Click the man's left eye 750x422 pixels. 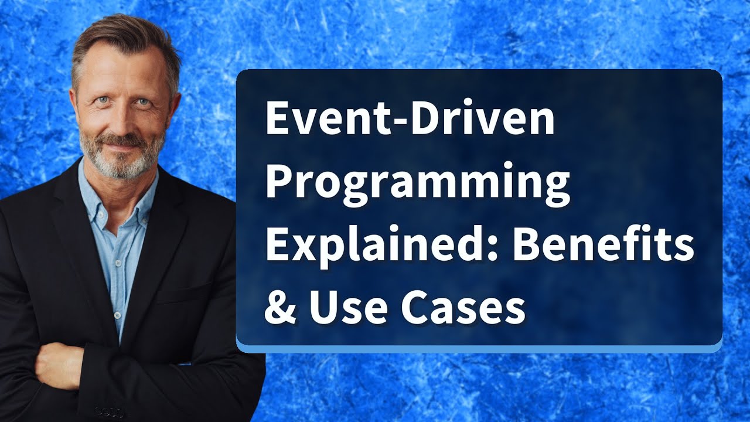(142, 102)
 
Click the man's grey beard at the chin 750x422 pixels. (121, 166)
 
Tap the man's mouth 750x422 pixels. (121, 144)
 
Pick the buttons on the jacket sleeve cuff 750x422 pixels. (109, 411)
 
